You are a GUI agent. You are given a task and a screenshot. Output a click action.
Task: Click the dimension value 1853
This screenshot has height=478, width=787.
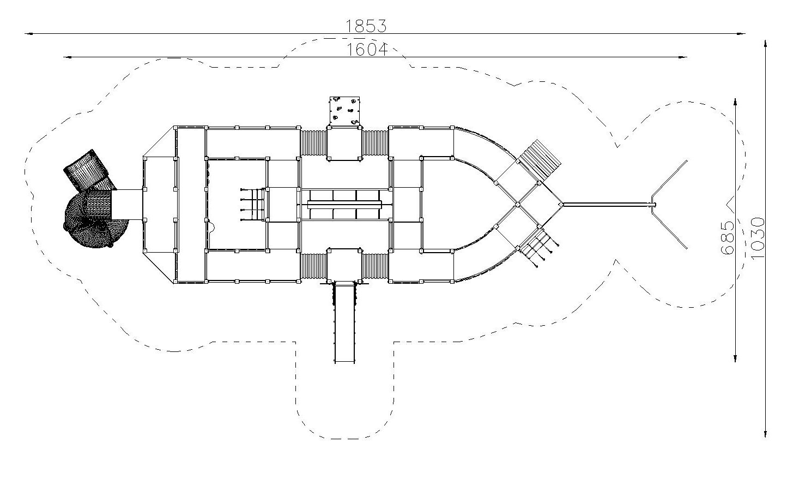(x=366, y=26)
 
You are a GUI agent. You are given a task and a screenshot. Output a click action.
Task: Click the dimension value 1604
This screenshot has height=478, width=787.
(x=367, y=50)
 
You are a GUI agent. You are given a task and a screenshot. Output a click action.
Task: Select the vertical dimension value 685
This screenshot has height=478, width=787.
(x=728, y=238)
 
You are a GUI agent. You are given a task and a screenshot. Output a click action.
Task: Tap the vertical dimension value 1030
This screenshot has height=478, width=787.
(x=758, y=238)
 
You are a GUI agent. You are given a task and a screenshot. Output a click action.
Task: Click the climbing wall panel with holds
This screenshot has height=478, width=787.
(x=344, y=111)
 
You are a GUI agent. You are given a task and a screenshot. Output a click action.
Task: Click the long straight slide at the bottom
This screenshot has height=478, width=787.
(x=344, y=322)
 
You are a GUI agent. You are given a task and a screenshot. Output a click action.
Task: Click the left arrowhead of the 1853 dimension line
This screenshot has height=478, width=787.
(x=29, y=34)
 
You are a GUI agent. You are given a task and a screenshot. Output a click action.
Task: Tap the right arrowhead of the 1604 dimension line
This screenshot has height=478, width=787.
(x=683, y=57)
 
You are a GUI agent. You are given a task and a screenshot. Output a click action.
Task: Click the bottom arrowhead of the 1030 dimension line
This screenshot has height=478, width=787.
(x=765, y=433)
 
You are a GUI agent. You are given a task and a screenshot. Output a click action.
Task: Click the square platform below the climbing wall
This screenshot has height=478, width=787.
(x=344, y=143)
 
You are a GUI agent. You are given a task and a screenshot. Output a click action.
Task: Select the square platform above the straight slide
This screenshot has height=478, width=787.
(x=344, y=265)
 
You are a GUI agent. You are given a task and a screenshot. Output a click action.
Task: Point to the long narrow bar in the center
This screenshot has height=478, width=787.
(x=344, y=205)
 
